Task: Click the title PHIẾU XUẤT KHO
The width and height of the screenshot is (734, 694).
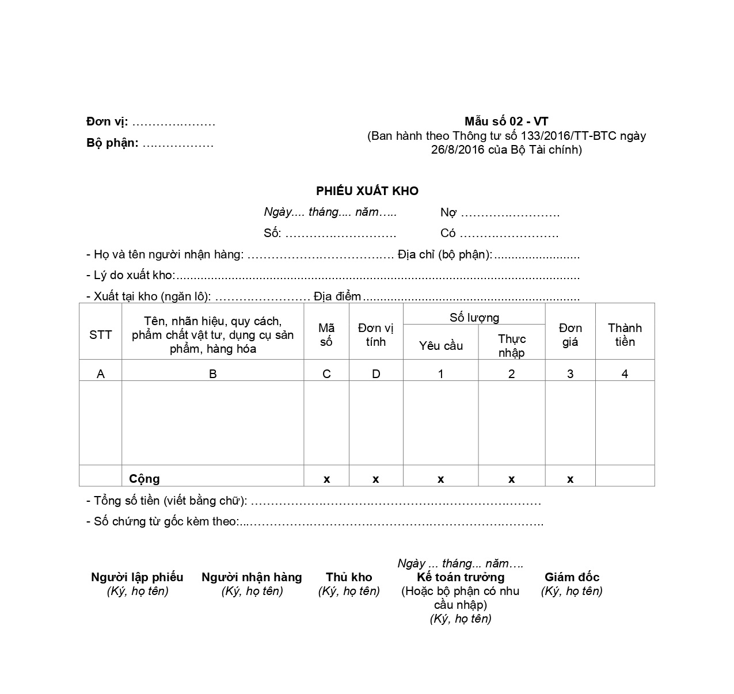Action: pyautogui.click(x=367, y=191)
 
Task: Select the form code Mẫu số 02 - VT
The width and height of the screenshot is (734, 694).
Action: pyautogui.click(x=506, y=121)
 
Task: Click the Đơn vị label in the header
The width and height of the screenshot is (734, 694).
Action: pyautogui.click(x=107, y=122)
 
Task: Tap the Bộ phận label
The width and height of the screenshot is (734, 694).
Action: pyautogui.click(x=112, y=143)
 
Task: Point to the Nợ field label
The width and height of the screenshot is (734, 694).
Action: pyautogui.click(x=448, y=213)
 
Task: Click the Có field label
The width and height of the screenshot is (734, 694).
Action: pyautogui.click(x=448, y=234)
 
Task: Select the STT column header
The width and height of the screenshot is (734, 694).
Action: pyautogui.click(x=100, y=335)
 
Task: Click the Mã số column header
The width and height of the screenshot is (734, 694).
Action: pyautogui.click(x=326, y=335)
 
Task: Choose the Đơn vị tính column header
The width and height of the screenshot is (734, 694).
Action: pyautogui.click(x=375, y=335)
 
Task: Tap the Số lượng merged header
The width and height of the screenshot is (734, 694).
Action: pyautogui.click(x=474, y=318)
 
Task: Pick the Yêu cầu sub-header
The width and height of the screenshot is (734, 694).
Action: pyautogui.click(x=440, y=346)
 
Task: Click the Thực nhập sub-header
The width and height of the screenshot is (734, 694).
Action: pyautogui.click(x=511, y=345)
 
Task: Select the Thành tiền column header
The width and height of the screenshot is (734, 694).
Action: pyautogui.click(x=625, y=335)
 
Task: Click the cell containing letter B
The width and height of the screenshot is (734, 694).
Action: pyautogui.click(x=212, y=374)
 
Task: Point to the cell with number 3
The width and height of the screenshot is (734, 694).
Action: pyautogui.click(x=570, y=374)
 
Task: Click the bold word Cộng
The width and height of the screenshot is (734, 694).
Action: pyautogui.click(x=144, y=479)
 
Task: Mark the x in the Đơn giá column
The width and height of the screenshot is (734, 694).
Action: pyautogui.click(x=570, y=479)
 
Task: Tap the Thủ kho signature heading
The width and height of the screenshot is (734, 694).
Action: pyautogui.click(x=349, y=577)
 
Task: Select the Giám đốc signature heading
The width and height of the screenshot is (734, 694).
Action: pyautogui.click(x=572, y=577)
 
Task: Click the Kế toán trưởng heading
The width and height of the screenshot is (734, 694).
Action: pyautogui.click(x=461, y=577)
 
